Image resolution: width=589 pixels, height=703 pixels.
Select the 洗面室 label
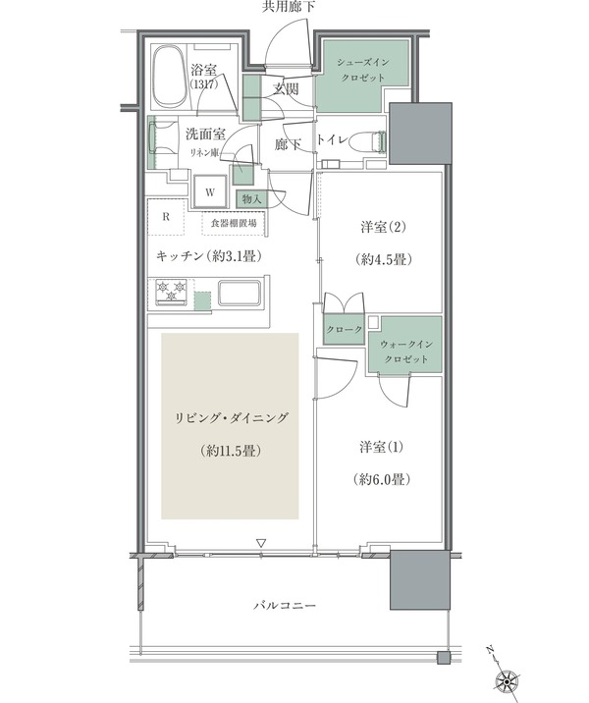pos(204,133)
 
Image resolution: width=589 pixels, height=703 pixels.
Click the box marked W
pos(210,192)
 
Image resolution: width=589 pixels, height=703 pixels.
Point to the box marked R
pos(167,216)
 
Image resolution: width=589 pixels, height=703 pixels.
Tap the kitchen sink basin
pos(238,294)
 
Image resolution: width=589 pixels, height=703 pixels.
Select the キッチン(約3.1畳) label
pos(200,256)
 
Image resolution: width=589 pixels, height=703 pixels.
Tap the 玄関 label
pos(286,88)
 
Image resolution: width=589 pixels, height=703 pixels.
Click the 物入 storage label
pos(250,199)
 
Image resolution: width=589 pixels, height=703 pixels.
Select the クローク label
pos(344,330)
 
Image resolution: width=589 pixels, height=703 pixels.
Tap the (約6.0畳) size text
pos(383,480)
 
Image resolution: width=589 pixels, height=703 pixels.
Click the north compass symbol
pos(509,676)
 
